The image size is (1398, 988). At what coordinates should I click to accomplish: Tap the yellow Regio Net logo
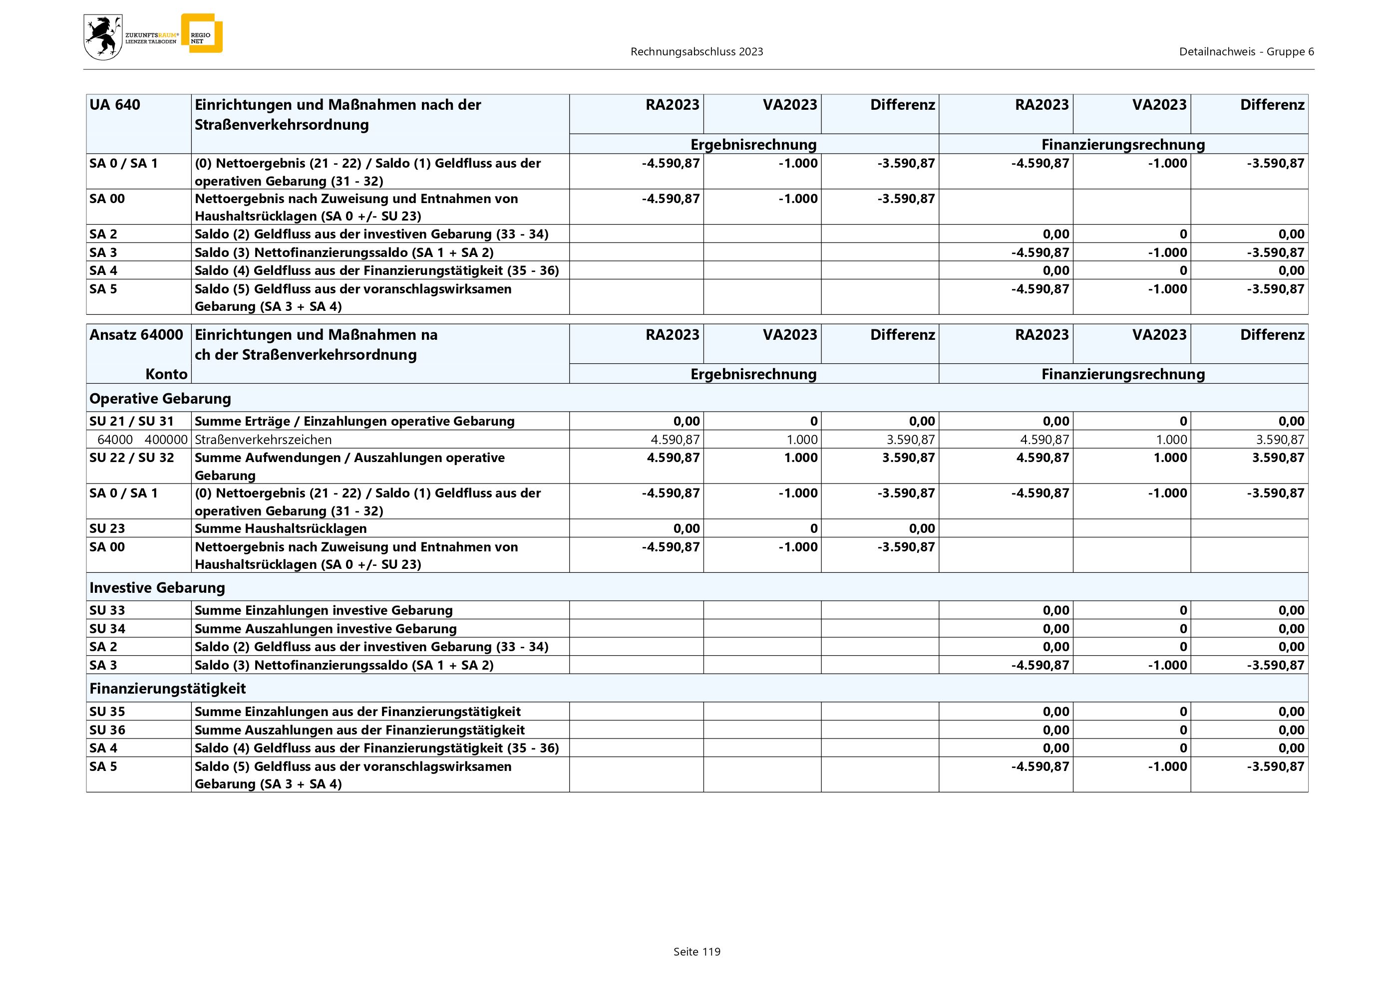[202, 34]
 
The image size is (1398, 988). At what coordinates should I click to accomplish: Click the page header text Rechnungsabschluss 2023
[697, 52]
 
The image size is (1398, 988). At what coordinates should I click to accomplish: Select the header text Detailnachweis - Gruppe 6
[1246, 52]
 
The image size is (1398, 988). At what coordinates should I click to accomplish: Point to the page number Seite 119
[697, 952]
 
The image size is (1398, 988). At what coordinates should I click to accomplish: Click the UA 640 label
[114, 105]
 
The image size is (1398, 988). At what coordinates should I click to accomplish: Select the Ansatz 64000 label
[136, 335]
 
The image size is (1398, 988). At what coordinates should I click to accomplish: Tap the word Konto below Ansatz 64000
[166, 374]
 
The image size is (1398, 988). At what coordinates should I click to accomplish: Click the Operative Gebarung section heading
[160, 399]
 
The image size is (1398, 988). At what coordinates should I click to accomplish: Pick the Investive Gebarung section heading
[157, 588]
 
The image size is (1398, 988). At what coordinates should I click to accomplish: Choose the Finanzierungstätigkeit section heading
[167, 689]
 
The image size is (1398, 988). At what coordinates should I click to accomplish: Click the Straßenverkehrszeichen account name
[263, 440]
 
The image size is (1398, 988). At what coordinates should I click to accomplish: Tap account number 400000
[166, 440]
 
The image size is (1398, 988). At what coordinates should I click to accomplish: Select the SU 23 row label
[107, 528]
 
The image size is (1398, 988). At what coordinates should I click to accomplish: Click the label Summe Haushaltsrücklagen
[281, 528]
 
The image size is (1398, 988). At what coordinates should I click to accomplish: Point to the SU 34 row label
[107, 628]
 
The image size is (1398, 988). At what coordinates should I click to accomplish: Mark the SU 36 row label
[107, 730]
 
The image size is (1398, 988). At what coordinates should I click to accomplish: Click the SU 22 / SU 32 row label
[131, 458]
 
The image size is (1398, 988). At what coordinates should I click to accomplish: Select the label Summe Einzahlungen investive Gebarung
[324, 610]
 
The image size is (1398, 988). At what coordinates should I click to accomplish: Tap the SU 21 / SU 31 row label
[131, 421]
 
